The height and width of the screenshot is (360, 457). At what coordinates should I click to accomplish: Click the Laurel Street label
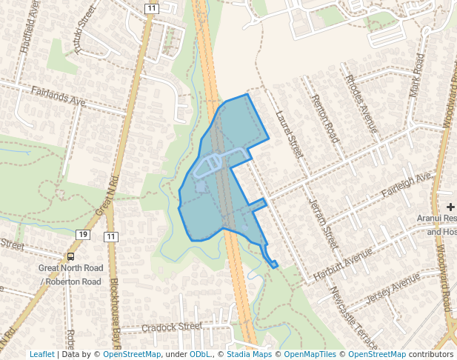288,134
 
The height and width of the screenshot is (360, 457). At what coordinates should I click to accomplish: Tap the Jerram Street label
323,221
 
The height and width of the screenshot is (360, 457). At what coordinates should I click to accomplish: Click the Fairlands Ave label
59,96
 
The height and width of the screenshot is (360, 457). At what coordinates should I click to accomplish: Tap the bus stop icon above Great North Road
70,256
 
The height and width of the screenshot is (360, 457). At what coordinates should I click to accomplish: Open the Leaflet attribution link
41,355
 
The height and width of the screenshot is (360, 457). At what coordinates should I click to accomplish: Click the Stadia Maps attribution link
247,355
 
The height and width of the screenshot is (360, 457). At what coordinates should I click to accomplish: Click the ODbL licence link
199,355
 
